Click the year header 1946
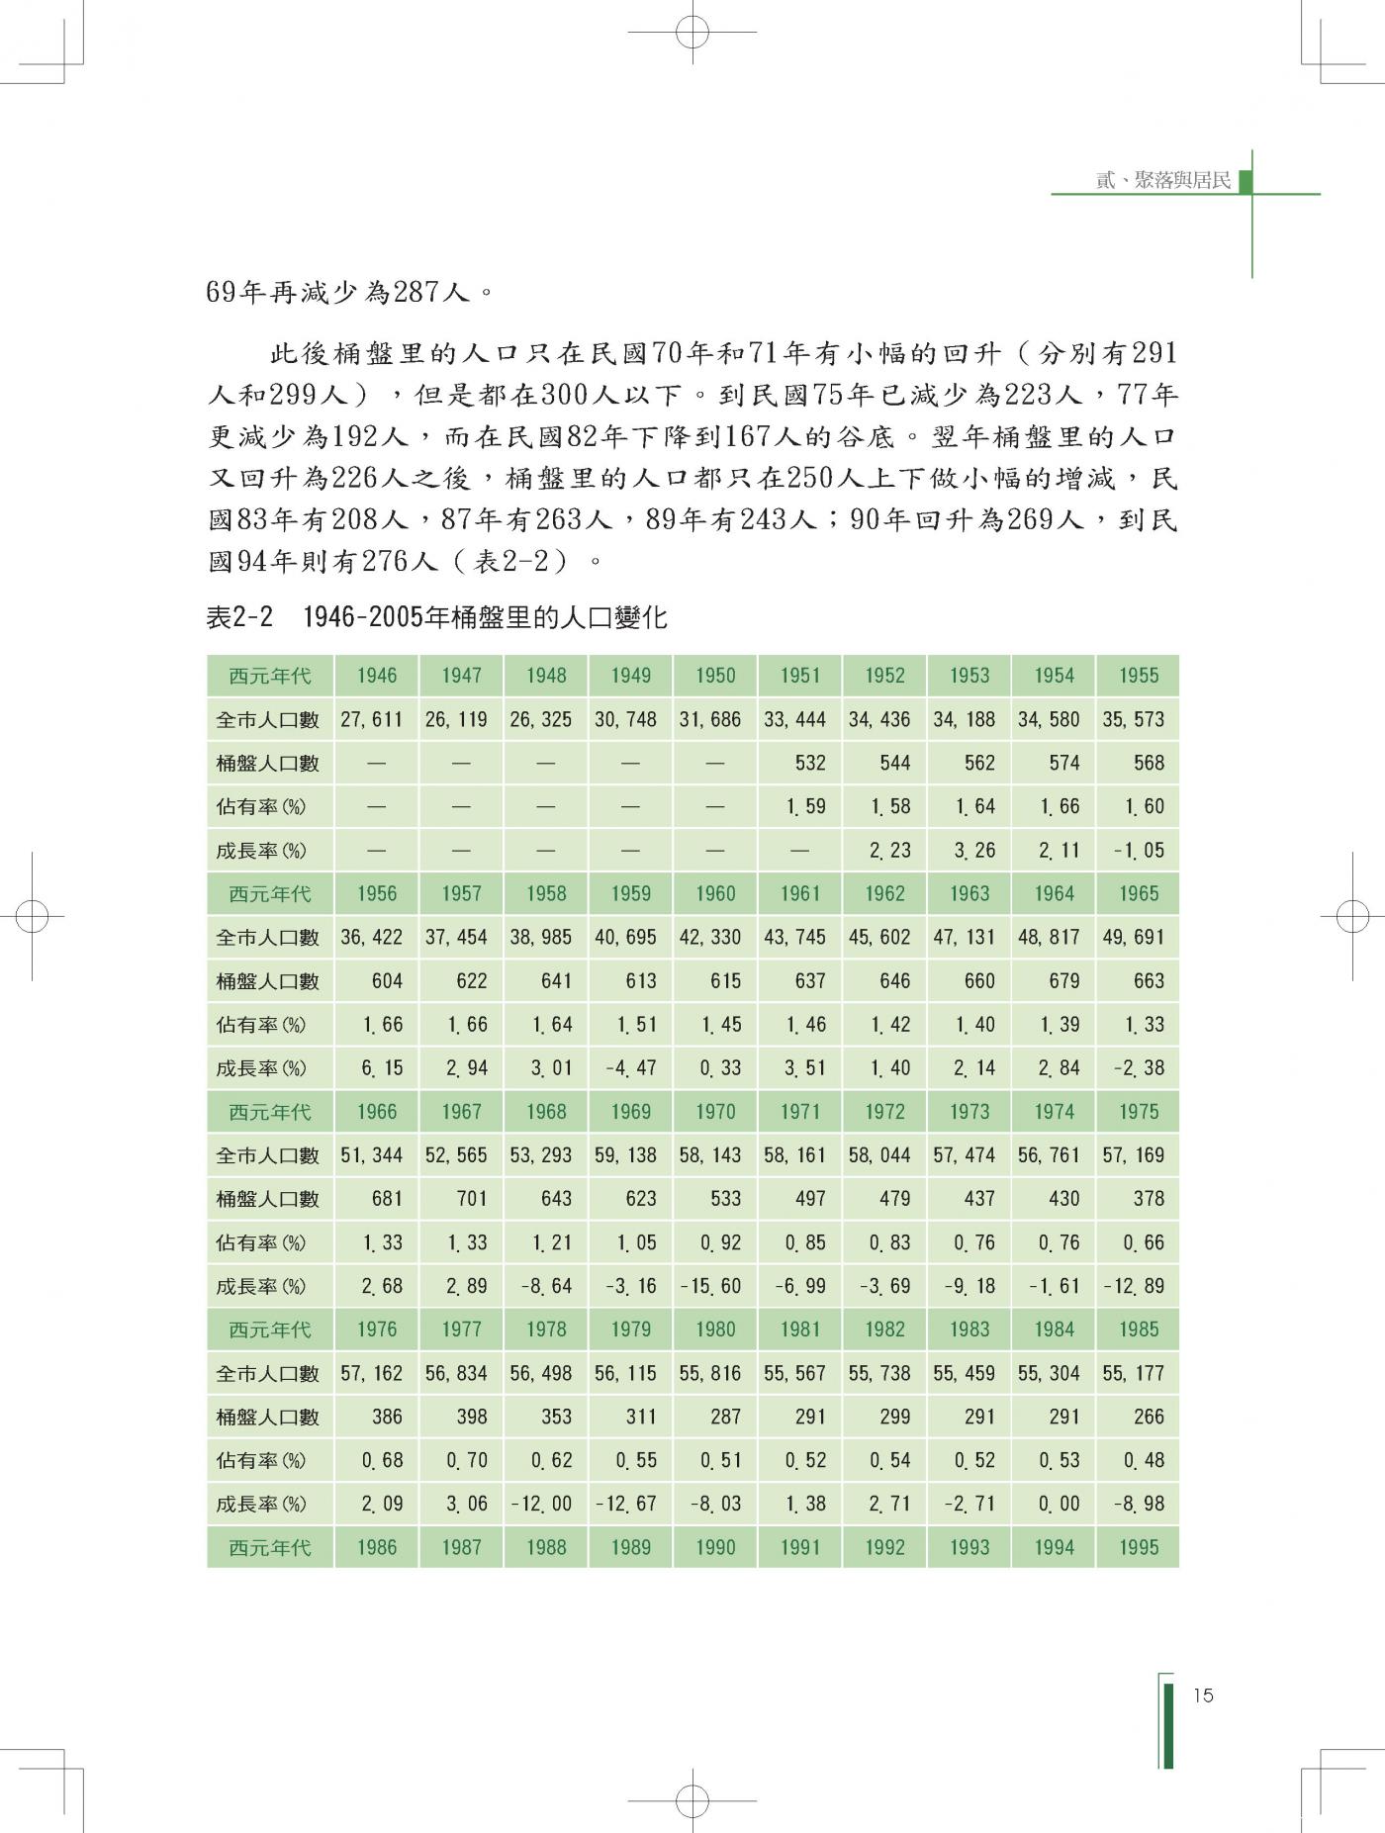click(377, 676)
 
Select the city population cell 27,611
click(372, 719)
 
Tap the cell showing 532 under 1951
click(809, 763)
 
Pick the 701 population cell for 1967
click(471, 1198)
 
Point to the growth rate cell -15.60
click(709, 1286)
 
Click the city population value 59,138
click(625, 1154)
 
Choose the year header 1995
click(1139, 1547)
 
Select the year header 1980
click(715, 1329)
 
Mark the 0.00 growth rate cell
click(1059, 1504)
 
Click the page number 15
click(1203, 1696)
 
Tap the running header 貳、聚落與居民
click(1163, 180)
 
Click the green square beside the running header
click(1246, 181)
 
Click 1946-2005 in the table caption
click(362, 618)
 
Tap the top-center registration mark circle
click(692, 32)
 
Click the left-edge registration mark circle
click(32, 916)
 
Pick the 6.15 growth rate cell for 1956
click(382, 1068)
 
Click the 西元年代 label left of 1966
click(269, 1112)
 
